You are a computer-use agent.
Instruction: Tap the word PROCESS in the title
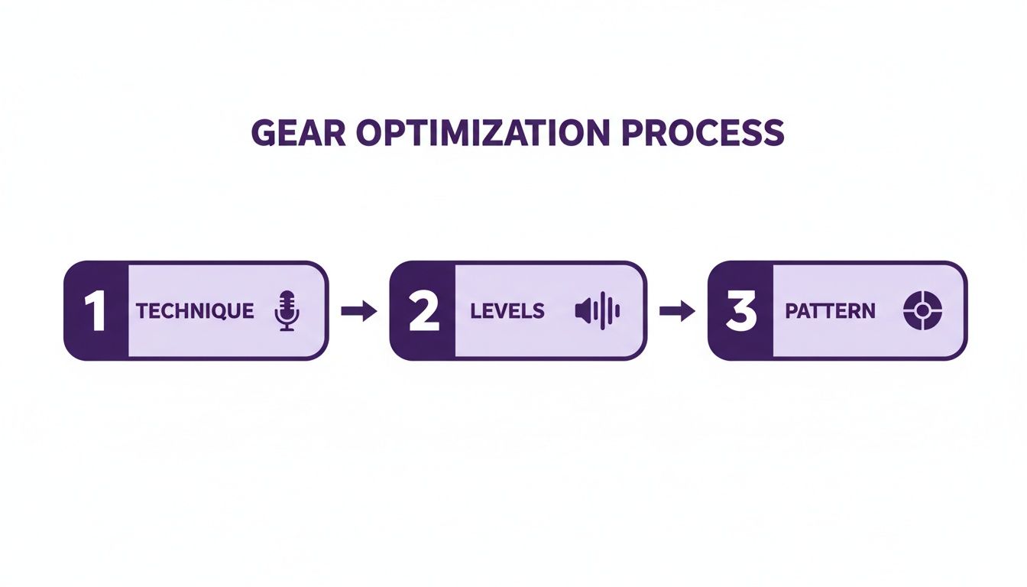[702, 133]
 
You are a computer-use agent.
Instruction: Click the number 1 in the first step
[95, 311]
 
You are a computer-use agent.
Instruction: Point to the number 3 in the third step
[740, 311]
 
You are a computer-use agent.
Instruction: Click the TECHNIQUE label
[195, 311]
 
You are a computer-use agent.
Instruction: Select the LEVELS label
[507, 311]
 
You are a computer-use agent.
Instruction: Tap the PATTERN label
[830, 311]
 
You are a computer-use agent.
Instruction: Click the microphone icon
[287, 310]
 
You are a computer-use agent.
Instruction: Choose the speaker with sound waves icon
[597, 311]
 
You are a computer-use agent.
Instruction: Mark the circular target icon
[923, 310]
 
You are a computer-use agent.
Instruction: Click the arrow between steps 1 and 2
[358, 311]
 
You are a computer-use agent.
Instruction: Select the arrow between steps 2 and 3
[676, 311]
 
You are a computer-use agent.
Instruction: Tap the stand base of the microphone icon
[287, 329]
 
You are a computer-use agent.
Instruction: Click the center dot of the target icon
[923, 310]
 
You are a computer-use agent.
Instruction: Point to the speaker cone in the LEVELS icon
[582, 311]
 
